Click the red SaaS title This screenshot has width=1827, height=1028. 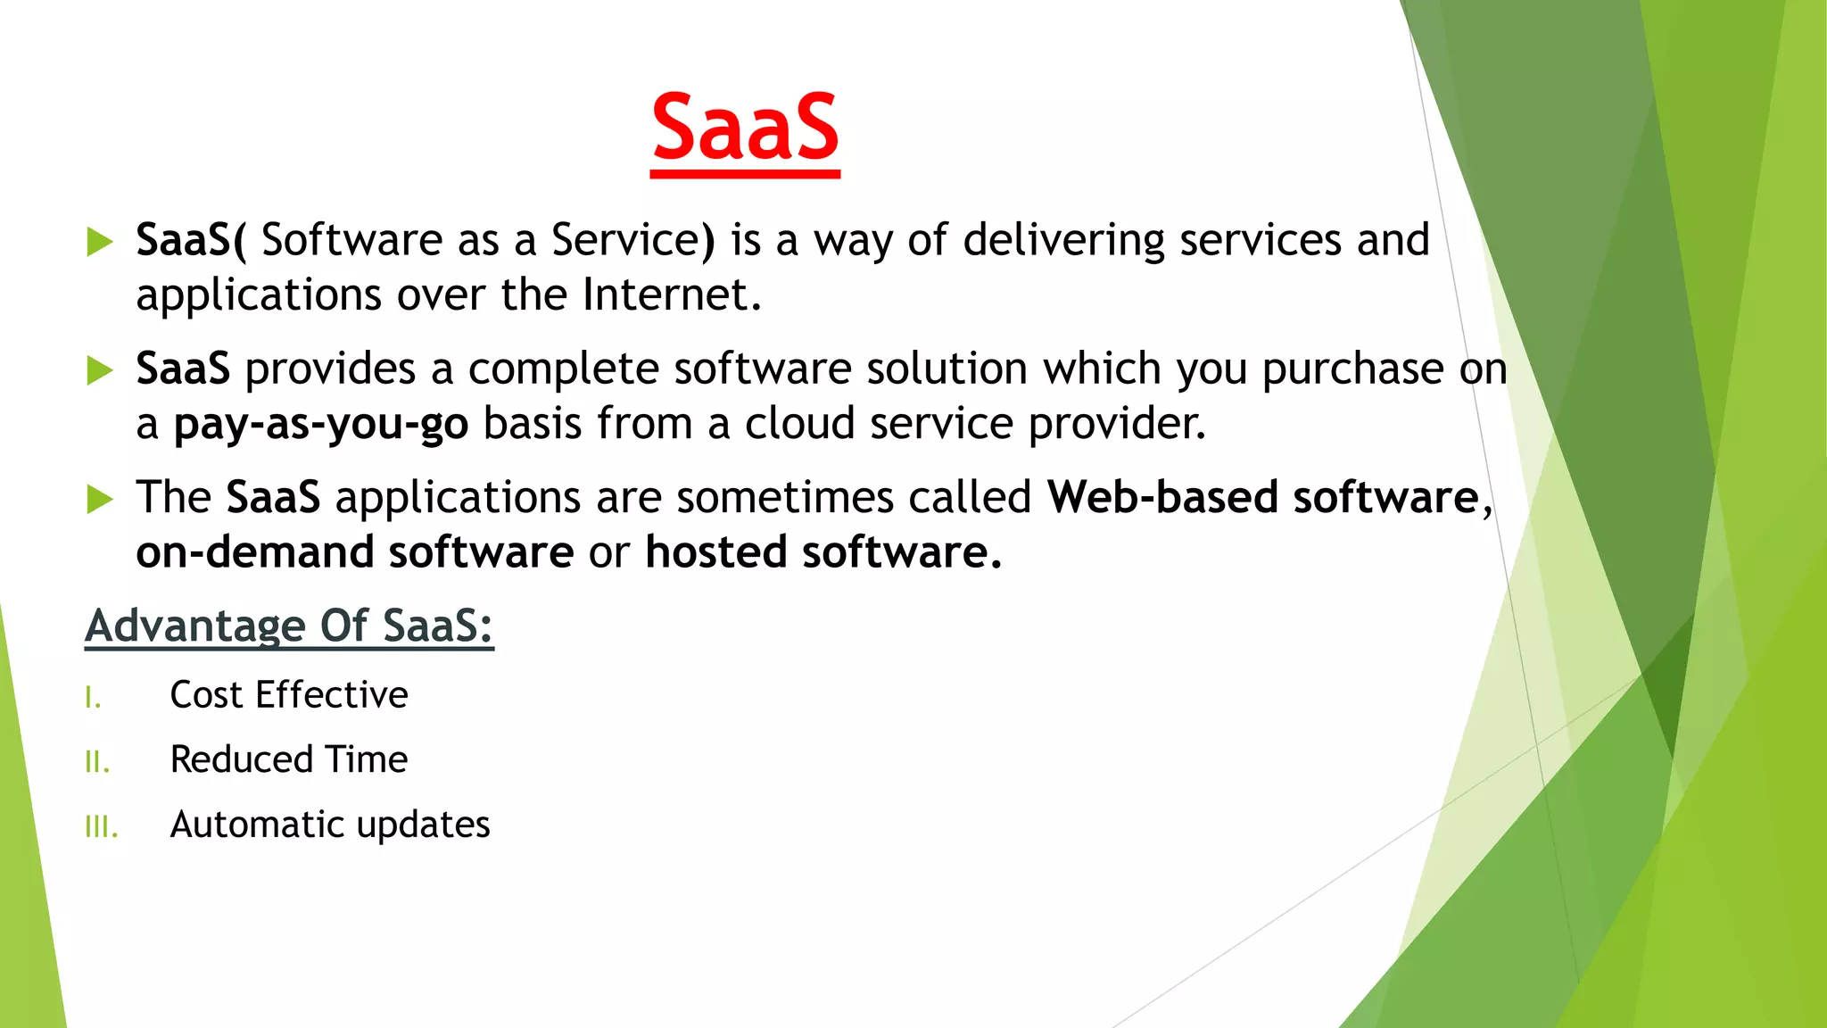click(x=745, y=129)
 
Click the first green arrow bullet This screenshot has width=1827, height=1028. click(x=100, y=242)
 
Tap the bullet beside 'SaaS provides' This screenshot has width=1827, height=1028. click(x=100, y=370)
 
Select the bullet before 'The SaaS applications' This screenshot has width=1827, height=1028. click(x=100, y=499)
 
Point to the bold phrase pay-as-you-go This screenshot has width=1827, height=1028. click(x=321, y=424)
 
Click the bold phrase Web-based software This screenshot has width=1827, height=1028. click(x=1263, y=497)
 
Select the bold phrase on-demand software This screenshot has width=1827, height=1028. click(x=355, y=552)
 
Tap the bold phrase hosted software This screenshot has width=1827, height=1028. click(x=823, y=552)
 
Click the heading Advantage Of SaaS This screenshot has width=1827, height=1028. click(x=289, y=626)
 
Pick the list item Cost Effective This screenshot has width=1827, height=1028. click(x=289, y=695)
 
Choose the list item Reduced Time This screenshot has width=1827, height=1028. click(x=289, y=760)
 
